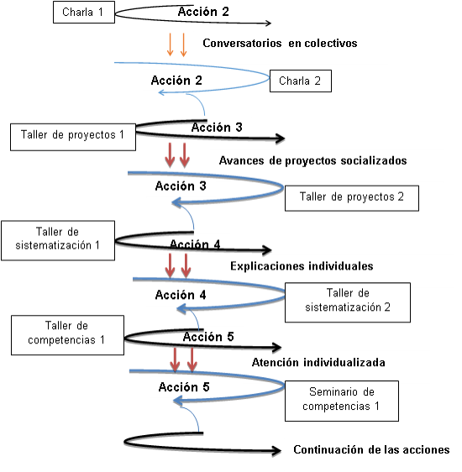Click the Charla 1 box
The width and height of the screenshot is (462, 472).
(84, 12)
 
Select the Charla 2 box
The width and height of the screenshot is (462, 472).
(301, 81)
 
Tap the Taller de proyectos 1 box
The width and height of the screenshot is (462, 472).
(73, 137)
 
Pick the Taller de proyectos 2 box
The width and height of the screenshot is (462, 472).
(352, 198)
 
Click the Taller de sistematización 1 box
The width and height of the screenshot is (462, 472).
(58, 240)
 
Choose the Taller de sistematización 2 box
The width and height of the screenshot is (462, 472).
(348, 302)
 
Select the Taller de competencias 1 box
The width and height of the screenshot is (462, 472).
(67, 335)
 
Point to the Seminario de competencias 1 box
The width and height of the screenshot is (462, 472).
(342, 401)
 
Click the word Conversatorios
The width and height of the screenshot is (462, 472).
(242, 43)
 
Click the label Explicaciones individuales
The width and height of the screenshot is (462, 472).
(302, 266)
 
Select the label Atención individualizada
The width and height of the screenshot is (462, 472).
(318, 362)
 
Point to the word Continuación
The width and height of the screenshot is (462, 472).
(329, 449)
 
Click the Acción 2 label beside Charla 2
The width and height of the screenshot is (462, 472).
(176, 81)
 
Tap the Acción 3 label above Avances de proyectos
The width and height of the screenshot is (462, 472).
(217, 128)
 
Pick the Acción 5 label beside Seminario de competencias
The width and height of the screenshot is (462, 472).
(184, 387)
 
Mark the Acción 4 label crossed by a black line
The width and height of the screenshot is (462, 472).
(195, 244)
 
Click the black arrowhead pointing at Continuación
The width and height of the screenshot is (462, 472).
(276, 450)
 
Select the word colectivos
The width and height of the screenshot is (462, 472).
(323, 43)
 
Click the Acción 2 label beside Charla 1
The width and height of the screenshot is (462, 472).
(203, 12)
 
